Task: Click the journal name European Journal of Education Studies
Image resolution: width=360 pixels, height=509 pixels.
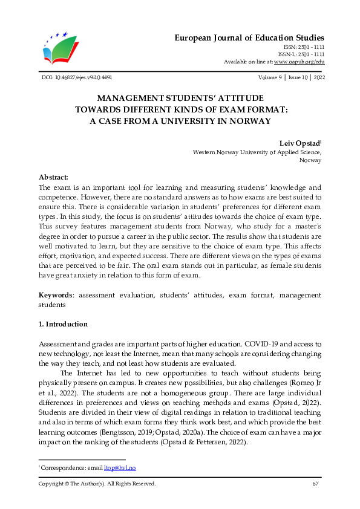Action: click(x=249, y=37)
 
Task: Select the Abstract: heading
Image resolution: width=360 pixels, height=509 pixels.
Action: click(x=53, y=177)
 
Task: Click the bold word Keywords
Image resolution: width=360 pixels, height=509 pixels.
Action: click(x=56, y=296)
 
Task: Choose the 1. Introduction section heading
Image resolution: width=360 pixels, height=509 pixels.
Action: click(x=63, y=324)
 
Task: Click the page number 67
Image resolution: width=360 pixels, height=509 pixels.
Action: click(x=315, y=484)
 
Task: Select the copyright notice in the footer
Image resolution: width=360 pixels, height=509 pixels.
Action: click(x=97, y=484)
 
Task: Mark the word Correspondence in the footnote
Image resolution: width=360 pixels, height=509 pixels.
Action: click(x=61, y=468)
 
